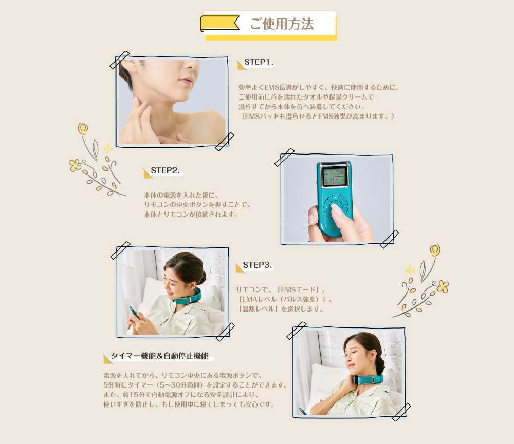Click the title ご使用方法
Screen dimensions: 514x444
[282, 24]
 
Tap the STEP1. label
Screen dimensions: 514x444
[259, 62]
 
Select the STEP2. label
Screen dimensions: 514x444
[165, 170]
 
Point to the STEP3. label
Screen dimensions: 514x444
[258, 265]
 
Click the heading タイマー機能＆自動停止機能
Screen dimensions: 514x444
[160, 356]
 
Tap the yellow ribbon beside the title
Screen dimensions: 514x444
[219, 23]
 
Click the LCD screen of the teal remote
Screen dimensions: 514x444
[334, 177]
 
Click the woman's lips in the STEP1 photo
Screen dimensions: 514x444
[186, 81]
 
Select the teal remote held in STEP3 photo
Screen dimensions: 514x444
[134, 313]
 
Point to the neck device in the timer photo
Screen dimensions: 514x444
[368, 380]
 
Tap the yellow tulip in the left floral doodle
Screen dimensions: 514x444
[83, 129]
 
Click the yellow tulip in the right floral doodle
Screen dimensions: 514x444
[435, 250]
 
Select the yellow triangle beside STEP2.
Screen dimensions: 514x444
[148, 174]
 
